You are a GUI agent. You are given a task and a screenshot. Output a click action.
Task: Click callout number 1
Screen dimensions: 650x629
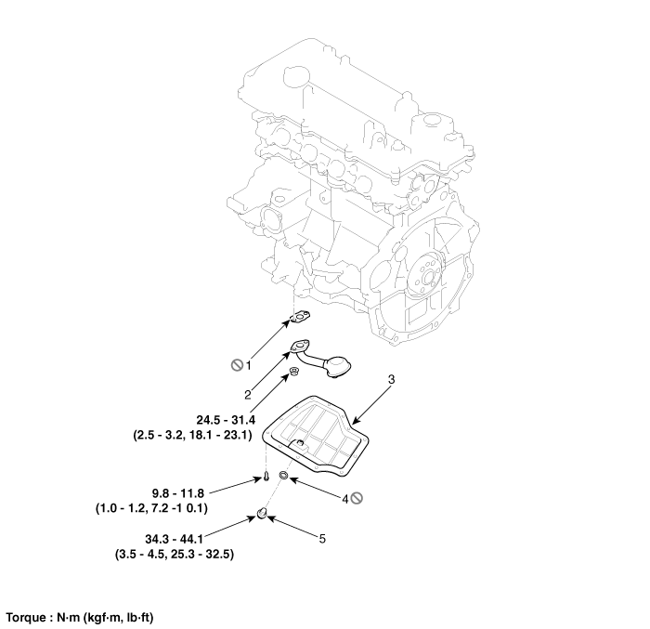[x=248, y=365]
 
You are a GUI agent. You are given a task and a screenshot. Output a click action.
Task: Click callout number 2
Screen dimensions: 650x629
[x=248, y=395]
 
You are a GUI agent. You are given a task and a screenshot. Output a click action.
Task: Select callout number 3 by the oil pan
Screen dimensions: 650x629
[x=391, y=379]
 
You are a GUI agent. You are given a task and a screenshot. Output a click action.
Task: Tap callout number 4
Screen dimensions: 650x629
[x=344, y=500]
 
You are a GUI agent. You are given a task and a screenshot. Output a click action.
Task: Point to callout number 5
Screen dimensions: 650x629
[x=322, y=539]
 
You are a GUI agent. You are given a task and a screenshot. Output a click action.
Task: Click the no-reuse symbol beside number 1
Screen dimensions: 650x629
[x=237, y=365]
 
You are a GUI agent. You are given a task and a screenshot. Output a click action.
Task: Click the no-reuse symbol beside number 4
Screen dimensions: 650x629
[x=357, y=498]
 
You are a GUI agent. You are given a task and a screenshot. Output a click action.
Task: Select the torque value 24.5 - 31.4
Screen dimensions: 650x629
[x=226, y=420]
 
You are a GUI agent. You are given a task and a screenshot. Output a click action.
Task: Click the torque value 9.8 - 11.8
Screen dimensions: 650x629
[x=178, y=493]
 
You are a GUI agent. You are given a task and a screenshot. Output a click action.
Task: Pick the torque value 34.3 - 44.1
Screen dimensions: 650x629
[x=174, y=539]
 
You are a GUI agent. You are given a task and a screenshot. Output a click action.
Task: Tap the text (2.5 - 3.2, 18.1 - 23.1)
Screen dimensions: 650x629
[x=193, y=435]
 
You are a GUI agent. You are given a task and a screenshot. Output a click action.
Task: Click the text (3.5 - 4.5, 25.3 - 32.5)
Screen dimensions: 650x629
[x=175, y=554]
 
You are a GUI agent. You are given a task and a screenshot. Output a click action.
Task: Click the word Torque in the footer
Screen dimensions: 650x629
[x=26, y=618]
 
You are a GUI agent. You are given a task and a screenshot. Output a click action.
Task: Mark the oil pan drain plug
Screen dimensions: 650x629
[x=262, y=514]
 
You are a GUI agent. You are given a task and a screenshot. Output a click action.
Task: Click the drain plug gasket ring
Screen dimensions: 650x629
[x=284, y=475]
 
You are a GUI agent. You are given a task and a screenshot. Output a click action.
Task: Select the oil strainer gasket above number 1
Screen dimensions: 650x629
[x=300, y=318]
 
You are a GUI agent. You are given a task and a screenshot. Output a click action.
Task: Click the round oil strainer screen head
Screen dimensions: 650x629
[x=338, y=367]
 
